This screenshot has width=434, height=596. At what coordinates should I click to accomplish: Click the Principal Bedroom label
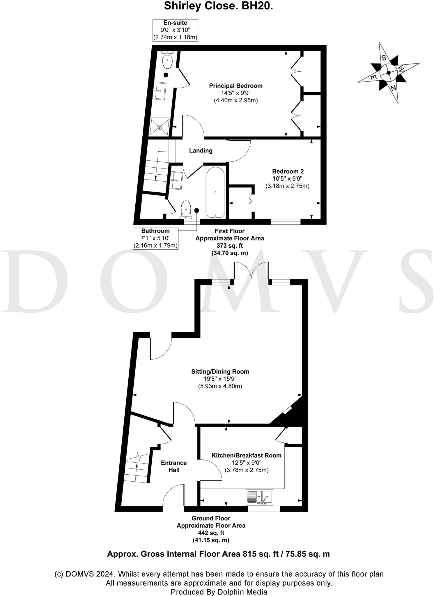(x=235, y=86)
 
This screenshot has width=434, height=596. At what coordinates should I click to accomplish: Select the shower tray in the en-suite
(x=159, y=127)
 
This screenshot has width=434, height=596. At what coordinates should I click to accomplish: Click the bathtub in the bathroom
(x=215, y=192)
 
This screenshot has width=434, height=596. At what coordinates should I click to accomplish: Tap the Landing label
(x=201, y=151)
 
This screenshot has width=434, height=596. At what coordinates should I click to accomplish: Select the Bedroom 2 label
(x=288, y=171)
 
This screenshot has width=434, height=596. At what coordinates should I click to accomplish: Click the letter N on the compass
(x=393, y=88)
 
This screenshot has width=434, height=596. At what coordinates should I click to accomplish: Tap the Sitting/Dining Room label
(x=220, y=371)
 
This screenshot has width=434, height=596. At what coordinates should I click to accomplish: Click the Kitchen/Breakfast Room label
(x=246, y=455)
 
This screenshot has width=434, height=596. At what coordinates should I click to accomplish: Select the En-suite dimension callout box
(x=175, y=30)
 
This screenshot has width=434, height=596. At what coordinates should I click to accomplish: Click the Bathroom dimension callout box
(x=155, y=238)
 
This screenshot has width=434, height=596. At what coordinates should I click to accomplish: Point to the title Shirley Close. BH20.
(x=218, y=6)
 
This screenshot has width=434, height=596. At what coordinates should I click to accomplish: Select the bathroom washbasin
(x=177, y=180)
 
